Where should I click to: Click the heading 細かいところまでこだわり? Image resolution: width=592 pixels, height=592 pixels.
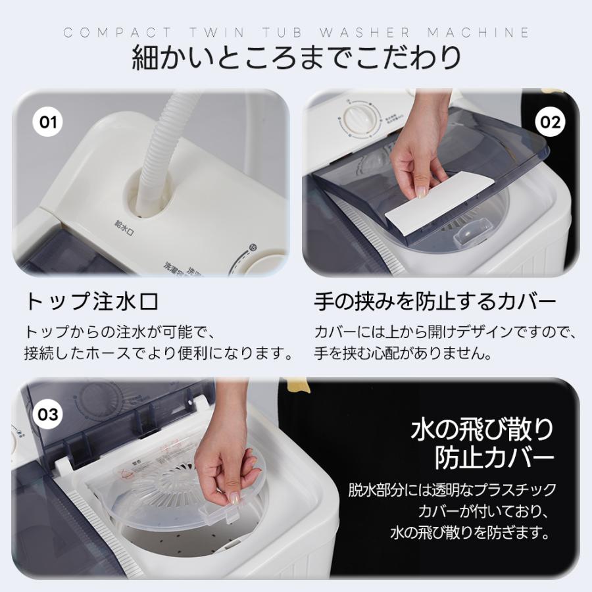(296, 58)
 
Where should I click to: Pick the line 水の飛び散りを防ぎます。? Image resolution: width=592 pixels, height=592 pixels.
(470, 532)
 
